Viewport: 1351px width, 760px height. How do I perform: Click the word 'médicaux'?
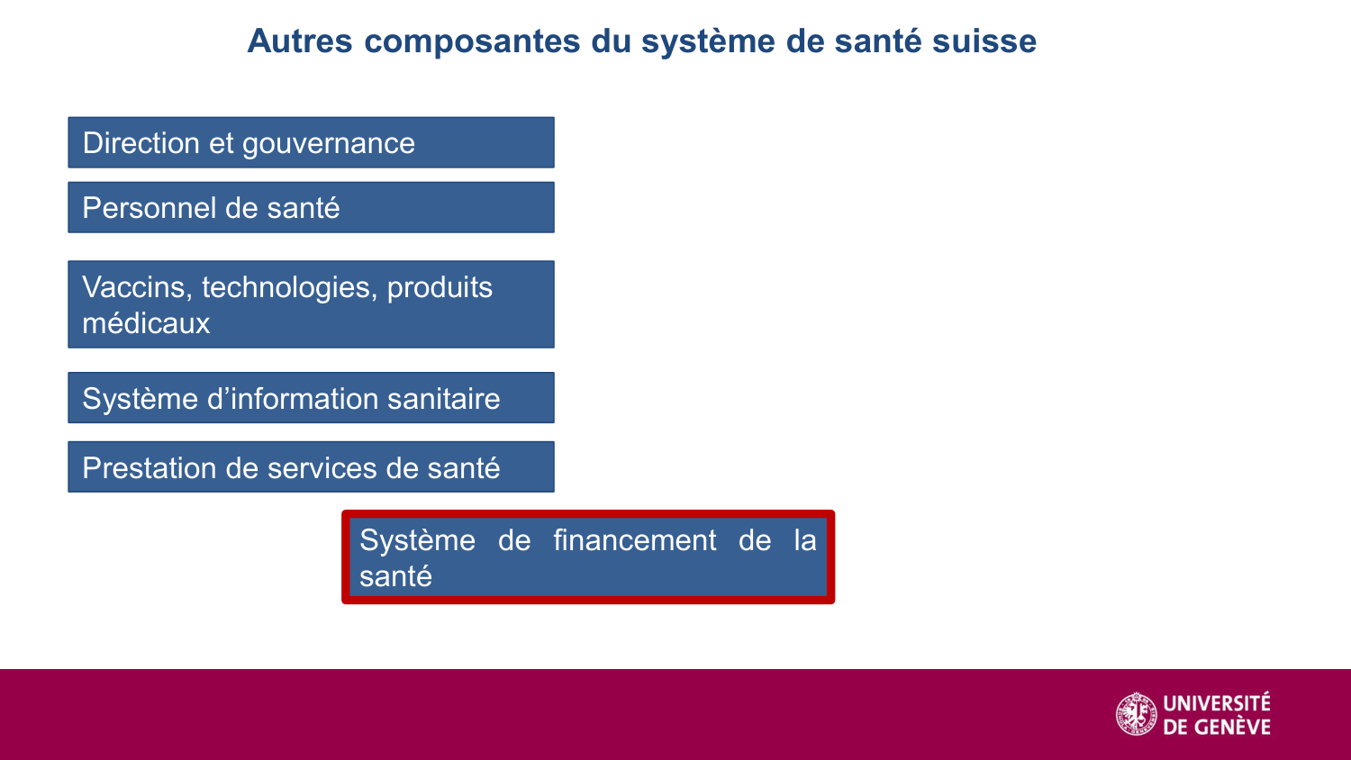coord(146,323)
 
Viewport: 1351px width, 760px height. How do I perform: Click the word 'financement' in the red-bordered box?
coord(634,540)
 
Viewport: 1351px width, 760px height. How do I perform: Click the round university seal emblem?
coord(1137,714)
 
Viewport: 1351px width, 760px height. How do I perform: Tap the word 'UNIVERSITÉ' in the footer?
coord(1216,702)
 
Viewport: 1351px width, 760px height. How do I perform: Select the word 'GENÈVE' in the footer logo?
coord(1229,727)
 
